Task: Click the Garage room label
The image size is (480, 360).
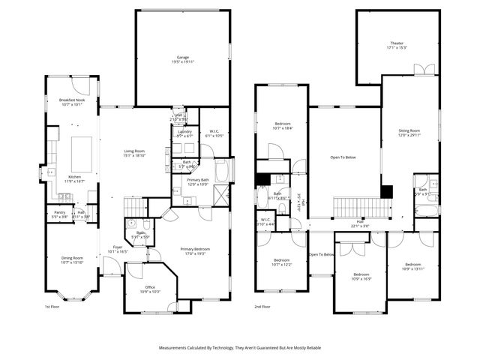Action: tap(182, 57)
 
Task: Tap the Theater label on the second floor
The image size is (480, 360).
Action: tap(396, 43)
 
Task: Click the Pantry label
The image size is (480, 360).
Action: tap(59, 212)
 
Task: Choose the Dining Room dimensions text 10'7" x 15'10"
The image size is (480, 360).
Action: tap(72, 262)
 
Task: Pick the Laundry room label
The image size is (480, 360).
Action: tap(184, 131)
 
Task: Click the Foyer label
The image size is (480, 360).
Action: tap(118, 247)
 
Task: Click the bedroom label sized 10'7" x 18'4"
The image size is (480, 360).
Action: tap(282, 124)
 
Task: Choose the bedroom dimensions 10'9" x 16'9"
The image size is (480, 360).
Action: tap(361, 279)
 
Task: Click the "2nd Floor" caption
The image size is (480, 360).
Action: tap(262, 307)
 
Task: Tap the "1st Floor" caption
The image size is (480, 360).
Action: tap(52, 307)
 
